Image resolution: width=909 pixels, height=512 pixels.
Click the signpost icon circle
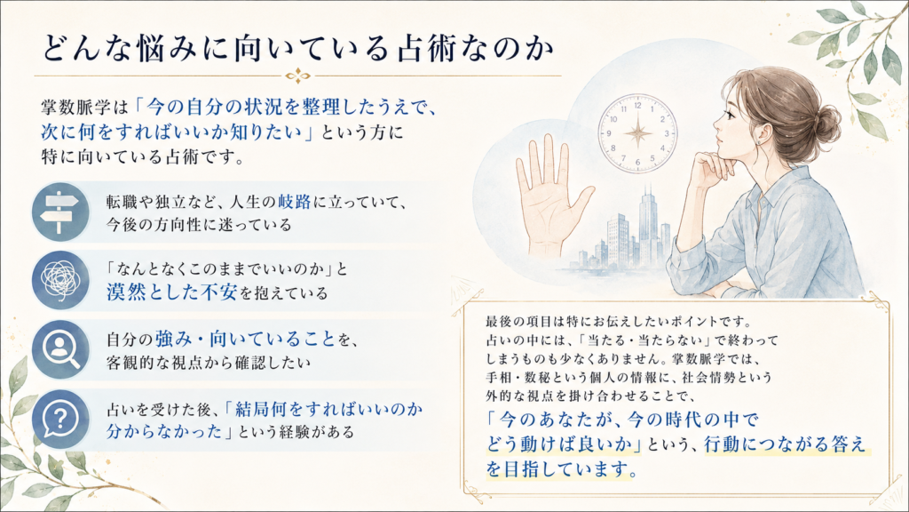pyautogui.click(x=60, y=212)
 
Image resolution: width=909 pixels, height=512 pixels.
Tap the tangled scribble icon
pyautogui.click(x=60, y=280)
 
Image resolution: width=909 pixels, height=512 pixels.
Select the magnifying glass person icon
pyautogui.click(x=60, y=349)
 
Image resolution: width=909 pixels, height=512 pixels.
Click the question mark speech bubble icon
pyautogui.click(x=60, y=419)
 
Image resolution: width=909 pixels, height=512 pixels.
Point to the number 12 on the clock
pyautogui.click(x=637, y=106)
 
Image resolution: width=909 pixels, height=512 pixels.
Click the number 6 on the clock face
pyautogui.click(x=637, y=162)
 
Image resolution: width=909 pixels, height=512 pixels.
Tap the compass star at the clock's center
pyautogui.click(x=637, y=133)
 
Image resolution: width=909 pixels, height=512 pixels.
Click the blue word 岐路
pyautogui.click(x=295, y=202)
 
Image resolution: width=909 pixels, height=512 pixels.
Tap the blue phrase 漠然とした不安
pyautogui.click(x=171, y=292)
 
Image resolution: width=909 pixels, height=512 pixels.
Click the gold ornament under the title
pyautogui.click(x=298, y=76)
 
